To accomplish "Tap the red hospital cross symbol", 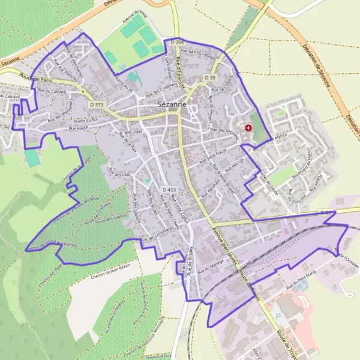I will point(248,128).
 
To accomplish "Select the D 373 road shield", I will point(97,105).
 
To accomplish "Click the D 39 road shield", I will point(209,78).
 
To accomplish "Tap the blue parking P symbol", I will point(277,316).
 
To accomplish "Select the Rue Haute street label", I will point(79,128).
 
